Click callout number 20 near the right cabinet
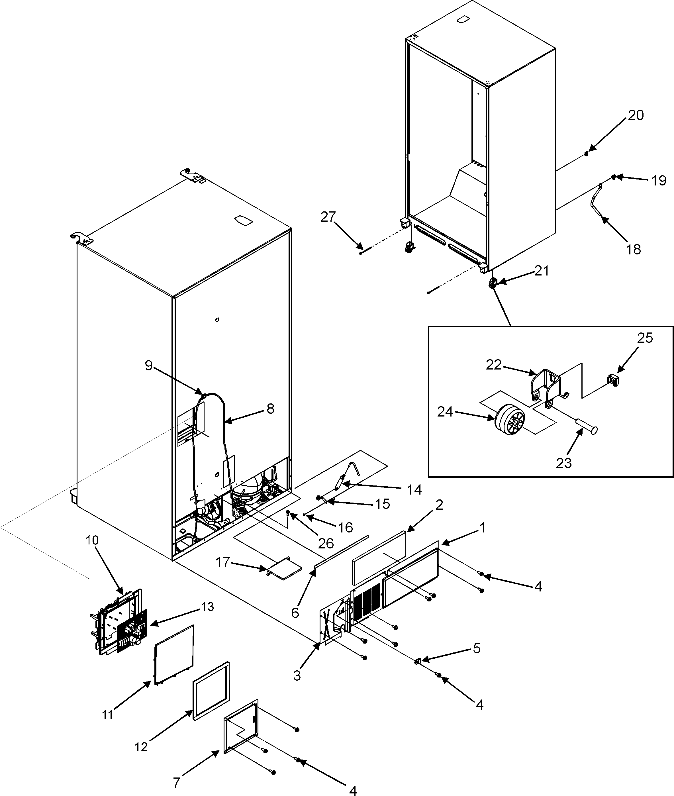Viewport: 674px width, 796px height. coord(636,115)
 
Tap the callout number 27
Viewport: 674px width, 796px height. coord(328,217)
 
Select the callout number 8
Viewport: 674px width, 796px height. coord(270,409)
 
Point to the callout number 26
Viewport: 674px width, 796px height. coord(326,543)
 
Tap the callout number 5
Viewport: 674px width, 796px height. coord(477,648)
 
